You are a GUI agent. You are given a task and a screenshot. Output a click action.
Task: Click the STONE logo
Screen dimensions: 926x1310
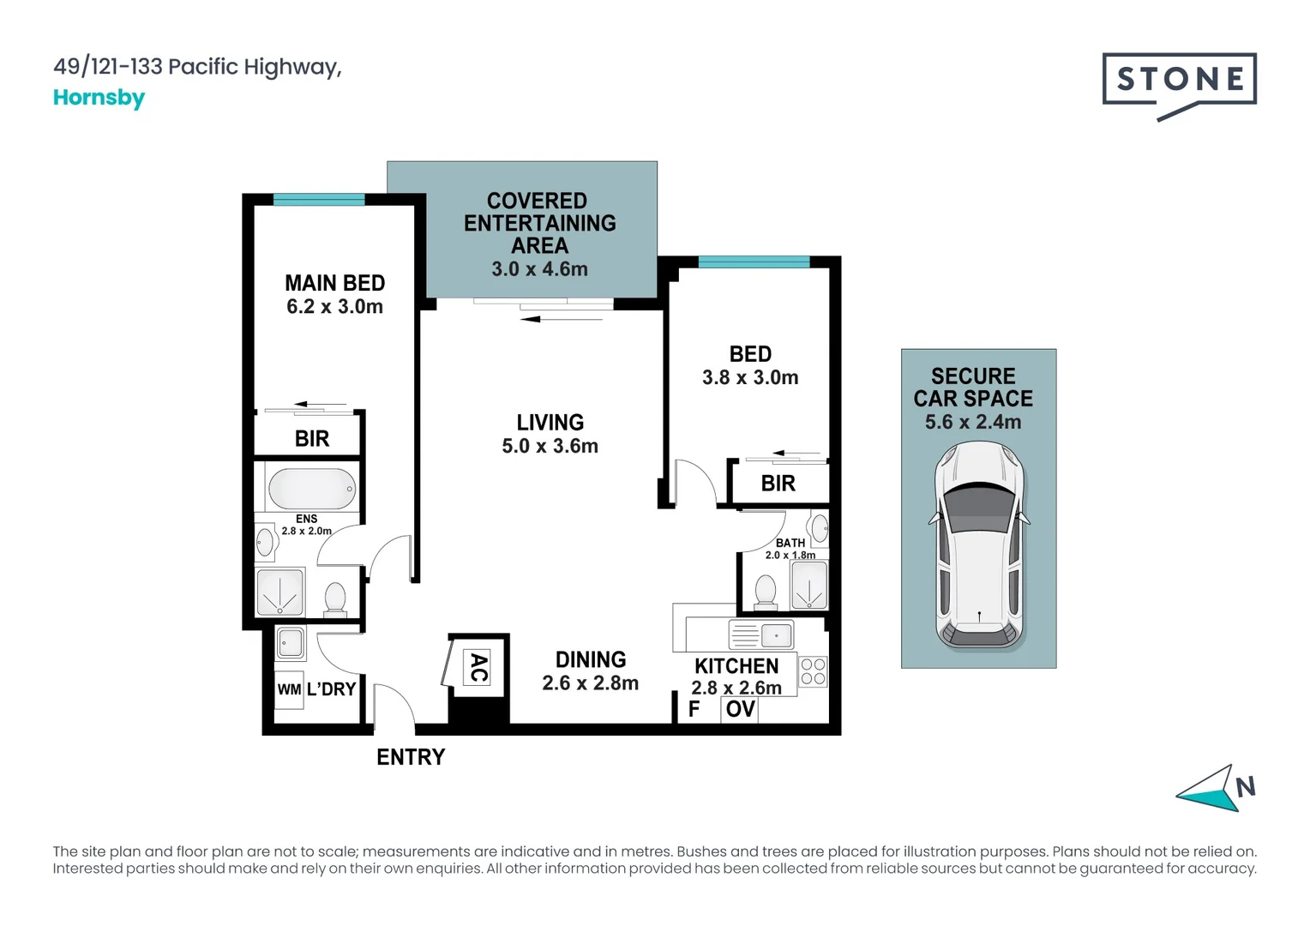coord(1179,83)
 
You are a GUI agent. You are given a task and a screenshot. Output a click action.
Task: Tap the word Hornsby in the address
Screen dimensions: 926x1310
coord(99,98)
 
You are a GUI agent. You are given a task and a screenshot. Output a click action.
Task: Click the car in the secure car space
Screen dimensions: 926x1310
coord(979,545)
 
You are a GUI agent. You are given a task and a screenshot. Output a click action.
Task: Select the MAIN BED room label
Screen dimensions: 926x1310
coord(334,283)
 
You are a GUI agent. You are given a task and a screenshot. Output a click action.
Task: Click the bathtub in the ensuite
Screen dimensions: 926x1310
coord(311,489)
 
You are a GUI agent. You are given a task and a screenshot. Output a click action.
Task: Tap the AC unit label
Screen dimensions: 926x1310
coord(478,667)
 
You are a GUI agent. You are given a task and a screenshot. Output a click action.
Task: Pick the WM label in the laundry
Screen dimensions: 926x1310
coord(289,689)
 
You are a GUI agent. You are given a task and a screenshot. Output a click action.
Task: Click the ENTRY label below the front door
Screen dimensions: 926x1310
coord(411,757)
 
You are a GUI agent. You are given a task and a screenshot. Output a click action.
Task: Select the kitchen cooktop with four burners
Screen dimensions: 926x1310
coord(813,672)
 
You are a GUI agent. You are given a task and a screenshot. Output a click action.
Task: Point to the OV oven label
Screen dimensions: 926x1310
coord(740,709)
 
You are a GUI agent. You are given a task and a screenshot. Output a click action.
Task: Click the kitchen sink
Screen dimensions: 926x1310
coord(760,635)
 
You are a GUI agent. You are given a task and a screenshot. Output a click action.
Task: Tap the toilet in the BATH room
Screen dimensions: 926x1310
coord(765,592)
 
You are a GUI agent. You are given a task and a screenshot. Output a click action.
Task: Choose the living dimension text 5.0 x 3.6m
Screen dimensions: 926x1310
coord(550,446)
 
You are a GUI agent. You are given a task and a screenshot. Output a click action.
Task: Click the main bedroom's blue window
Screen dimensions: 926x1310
coord(318,200)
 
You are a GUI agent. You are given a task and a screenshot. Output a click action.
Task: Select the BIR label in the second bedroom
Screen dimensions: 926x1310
coord(778,484)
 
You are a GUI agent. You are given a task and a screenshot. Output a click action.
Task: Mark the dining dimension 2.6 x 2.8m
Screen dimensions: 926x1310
coord(590,683)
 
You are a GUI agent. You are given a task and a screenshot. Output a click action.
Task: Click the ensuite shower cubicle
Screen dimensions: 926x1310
coord(279,592)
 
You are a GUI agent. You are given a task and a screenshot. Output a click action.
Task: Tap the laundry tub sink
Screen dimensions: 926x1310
coord(291,643)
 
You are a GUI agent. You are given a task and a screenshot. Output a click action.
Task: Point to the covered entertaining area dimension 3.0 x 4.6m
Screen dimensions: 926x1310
coord(539,269)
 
